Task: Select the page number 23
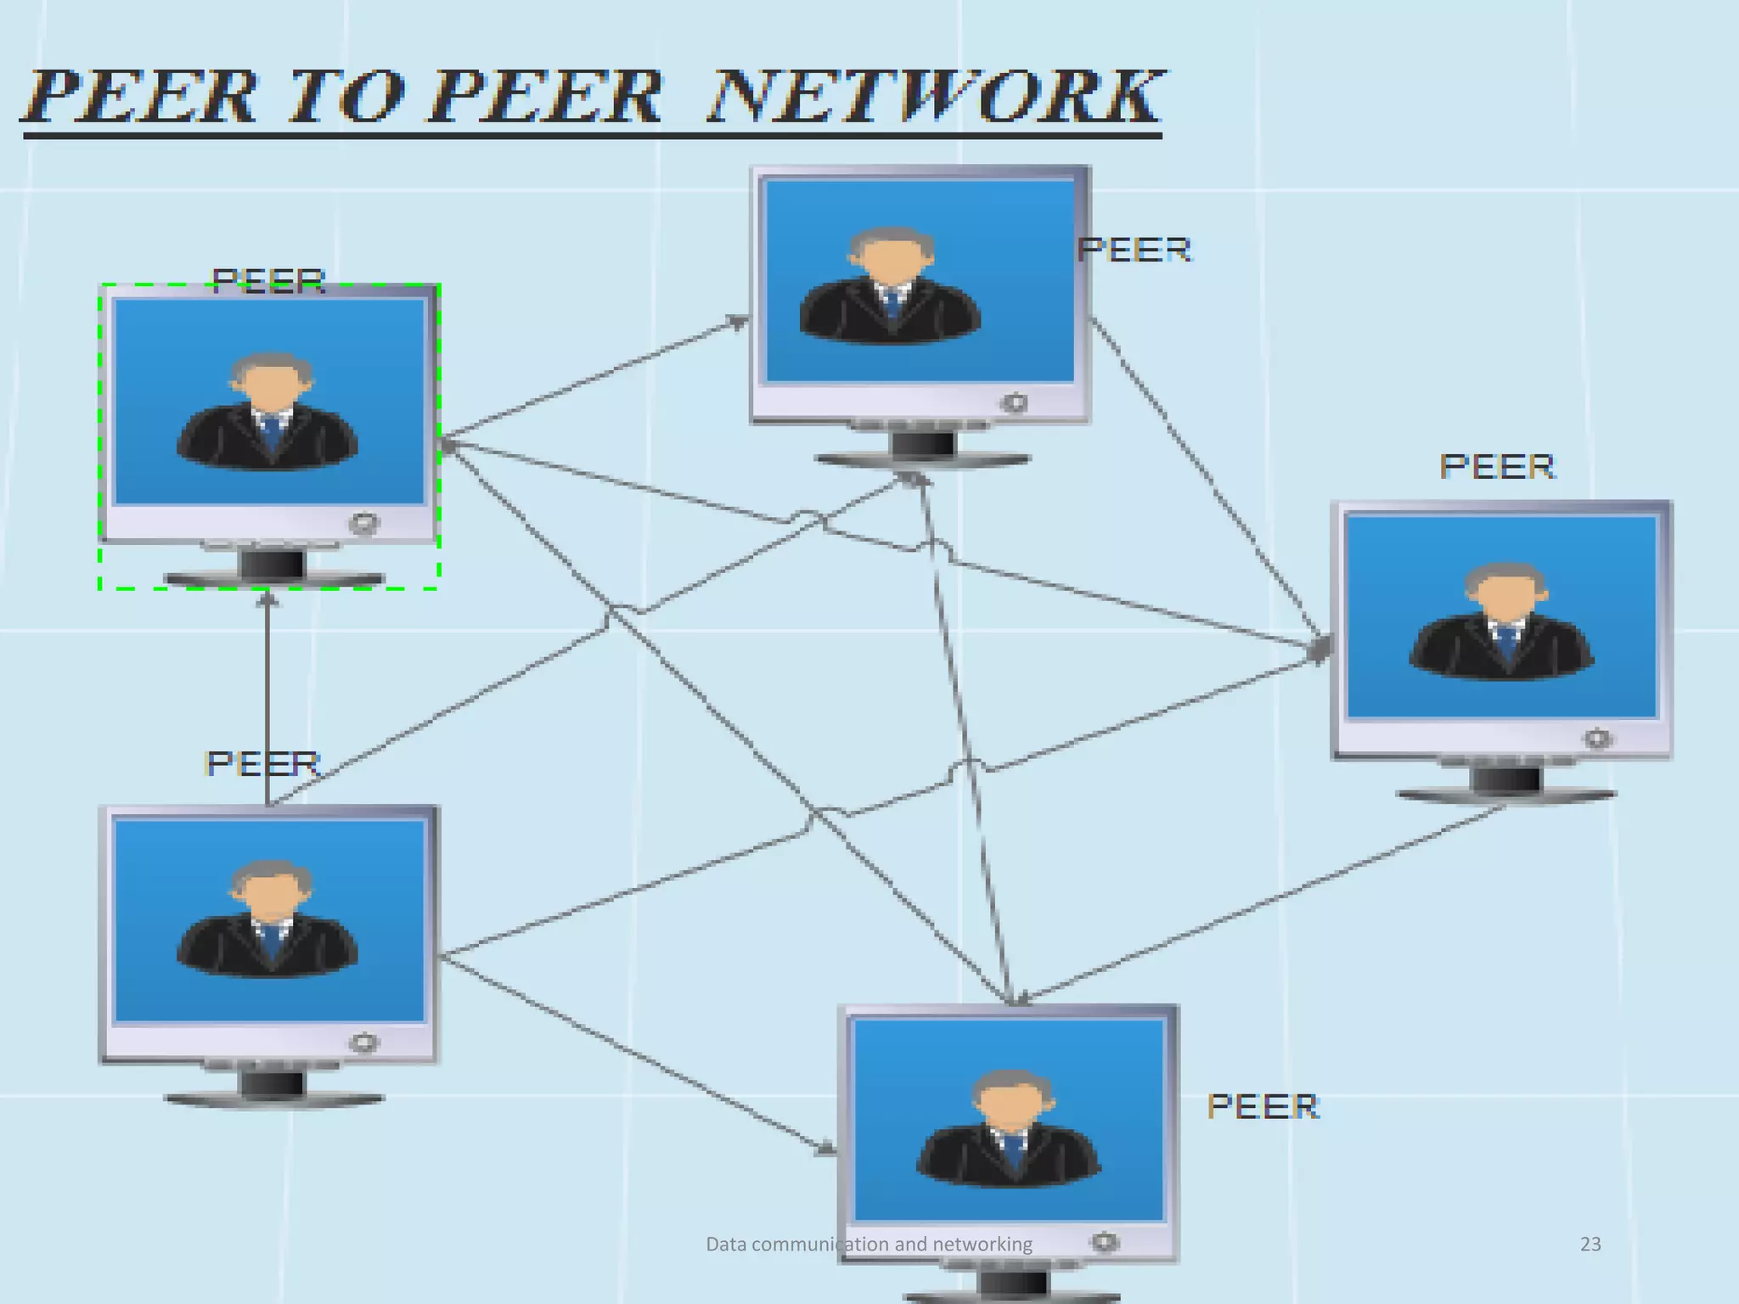1590,1244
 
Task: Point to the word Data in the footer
726,1244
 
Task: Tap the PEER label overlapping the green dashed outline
268,280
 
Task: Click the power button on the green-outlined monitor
364,523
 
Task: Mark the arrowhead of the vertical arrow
267,599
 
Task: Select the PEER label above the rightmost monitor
1497,466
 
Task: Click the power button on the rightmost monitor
1597,739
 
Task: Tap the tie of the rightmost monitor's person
1506,642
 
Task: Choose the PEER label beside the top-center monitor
1134,250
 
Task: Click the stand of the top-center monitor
922,447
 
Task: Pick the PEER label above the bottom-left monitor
262,763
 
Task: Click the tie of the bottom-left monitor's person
271,941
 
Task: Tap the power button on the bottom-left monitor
364,1043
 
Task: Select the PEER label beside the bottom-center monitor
1263,1106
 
